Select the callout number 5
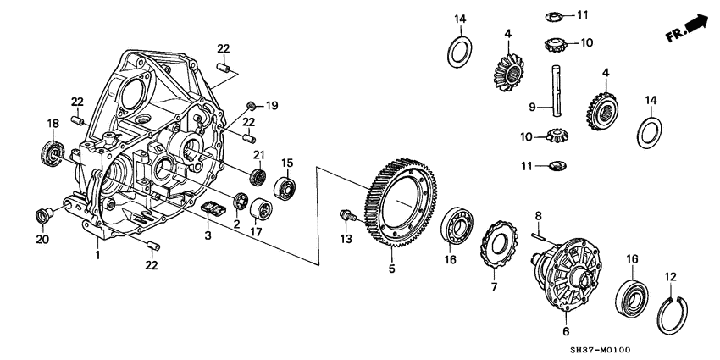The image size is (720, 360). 391,269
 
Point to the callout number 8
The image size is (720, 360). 537,217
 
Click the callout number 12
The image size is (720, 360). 671,276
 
